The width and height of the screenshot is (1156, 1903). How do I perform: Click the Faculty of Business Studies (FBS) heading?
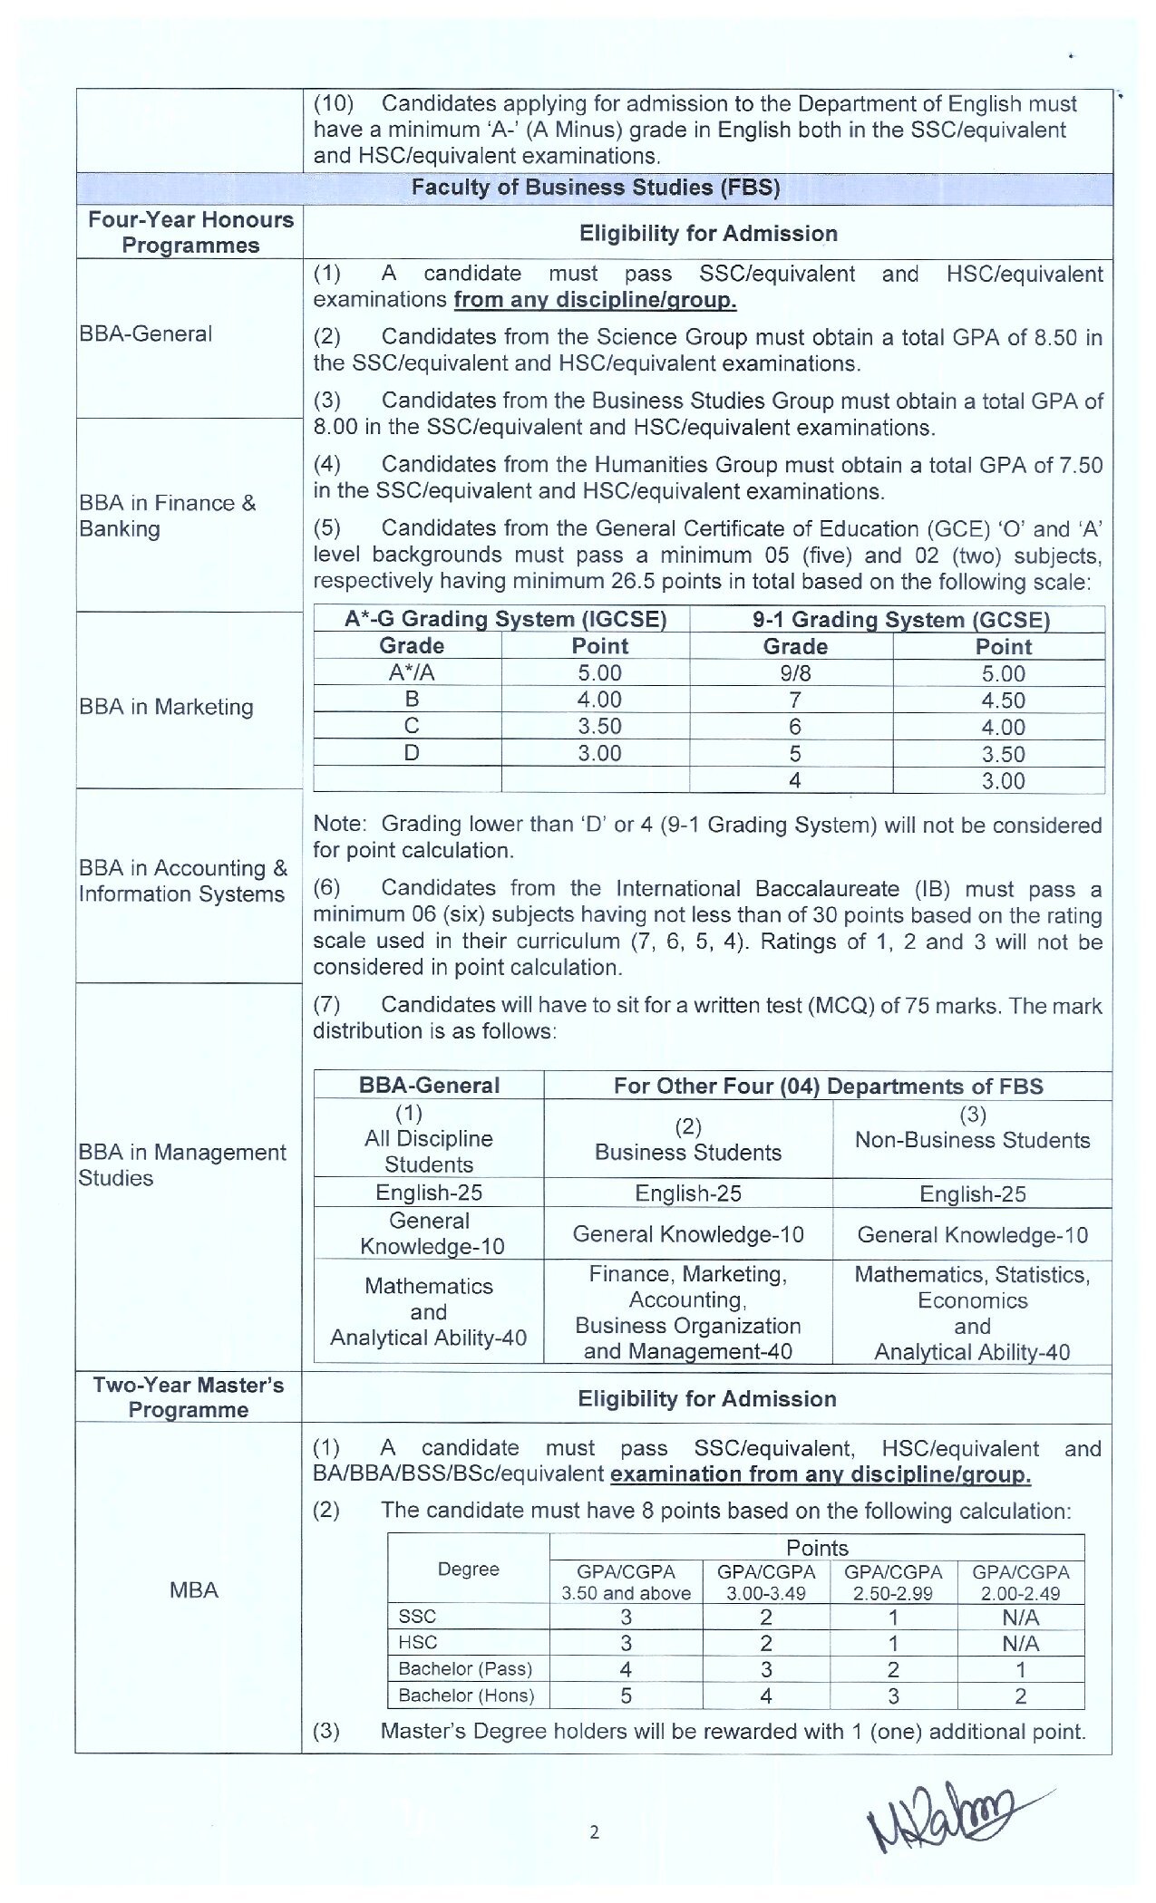coord(595,188)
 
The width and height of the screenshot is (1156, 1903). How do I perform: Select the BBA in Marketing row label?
coord(166,707)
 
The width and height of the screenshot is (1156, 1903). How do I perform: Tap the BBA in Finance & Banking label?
coord(168,516)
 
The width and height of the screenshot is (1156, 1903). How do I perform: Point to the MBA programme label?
coord(193,1589)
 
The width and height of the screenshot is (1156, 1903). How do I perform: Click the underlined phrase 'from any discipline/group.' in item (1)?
coord(595,300)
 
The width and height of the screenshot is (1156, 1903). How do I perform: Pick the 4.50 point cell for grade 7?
coord(1002,700)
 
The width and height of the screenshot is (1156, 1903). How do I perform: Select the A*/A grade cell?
coord(411,673)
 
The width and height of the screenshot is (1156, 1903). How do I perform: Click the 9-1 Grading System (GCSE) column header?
coord(900,620)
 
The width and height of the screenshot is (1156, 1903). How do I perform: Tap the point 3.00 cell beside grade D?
coord(598,753)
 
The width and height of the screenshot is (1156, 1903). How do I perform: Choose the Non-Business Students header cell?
coord(972,1139)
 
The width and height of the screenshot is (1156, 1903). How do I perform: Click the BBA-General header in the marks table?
coord(429,1086)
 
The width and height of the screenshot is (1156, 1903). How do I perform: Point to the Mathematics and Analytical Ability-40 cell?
coord(428,1311)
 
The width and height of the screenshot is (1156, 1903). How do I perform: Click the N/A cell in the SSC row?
coord(1020,1618)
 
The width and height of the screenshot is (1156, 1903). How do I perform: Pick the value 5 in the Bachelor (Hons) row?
coord(626,1695)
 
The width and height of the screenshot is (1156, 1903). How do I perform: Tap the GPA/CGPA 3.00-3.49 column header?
coord(766,1582)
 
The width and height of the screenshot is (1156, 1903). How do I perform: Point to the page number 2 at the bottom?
coord(595,1832)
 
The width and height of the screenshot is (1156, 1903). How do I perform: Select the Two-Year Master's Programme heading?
coord(189,1397)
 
